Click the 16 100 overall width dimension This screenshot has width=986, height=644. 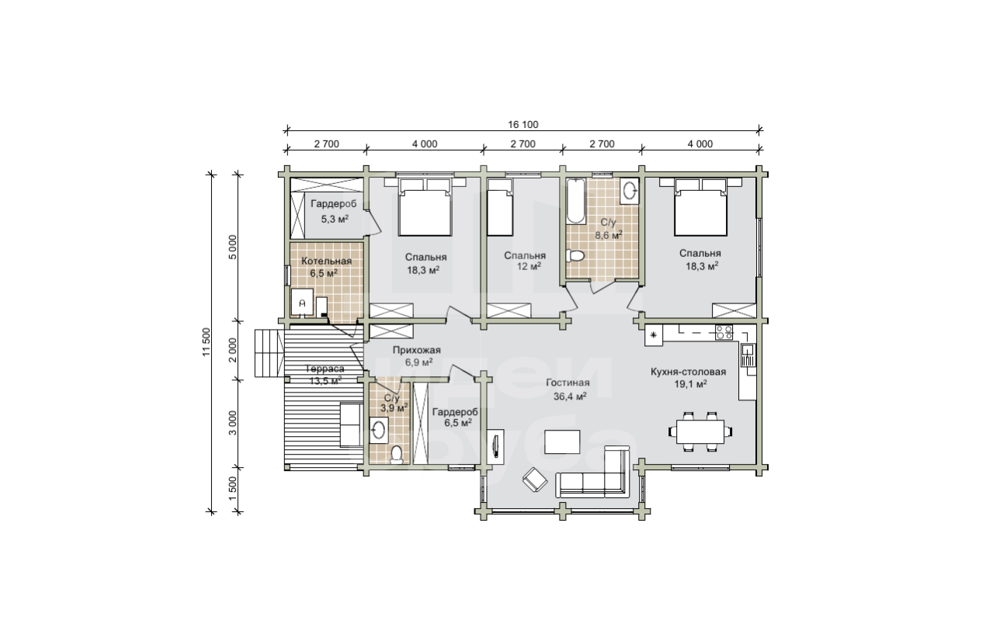(x=523, y=124)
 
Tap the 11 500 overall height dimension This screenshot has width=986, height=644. (x=207, y=342)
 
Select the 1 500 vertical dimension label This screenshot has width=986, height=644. (x=232, y=488)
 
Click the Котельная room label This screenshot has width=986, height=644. (x=326, y=261)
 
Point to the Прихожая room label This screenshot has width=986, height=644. (x=416, y=350)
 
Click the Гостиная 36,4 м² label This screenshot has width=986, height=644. (x=569, y=390)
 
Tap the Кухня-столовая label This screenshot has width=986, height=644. (x=689, y=372)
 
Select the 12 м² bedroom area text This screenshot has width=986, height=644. (x=529, y=267)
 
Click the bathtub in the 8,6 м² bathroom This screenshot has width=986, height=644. (x=575, y=201)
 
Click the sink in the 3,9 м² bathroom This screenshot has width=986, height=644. (x=379, y=430)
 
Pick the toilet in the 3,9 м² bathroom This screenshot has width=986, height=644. (x=397, y=455)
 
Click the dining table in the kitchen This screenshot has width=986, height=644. (x=700, y=431)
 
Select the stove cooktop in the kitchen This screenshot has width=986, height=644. (x=724, y=332)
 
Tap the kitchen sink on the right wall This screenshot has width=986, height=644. (x=748, y=355)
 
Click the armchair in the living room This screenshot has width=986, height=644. (x=535, y=480)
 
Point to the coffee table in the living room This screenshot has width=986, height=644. (x=562, y=441)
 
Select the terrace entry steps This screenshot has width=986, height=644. (x=269, y=353)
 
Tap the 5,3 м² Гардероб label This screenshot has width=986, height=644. (x=334, y=211)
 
